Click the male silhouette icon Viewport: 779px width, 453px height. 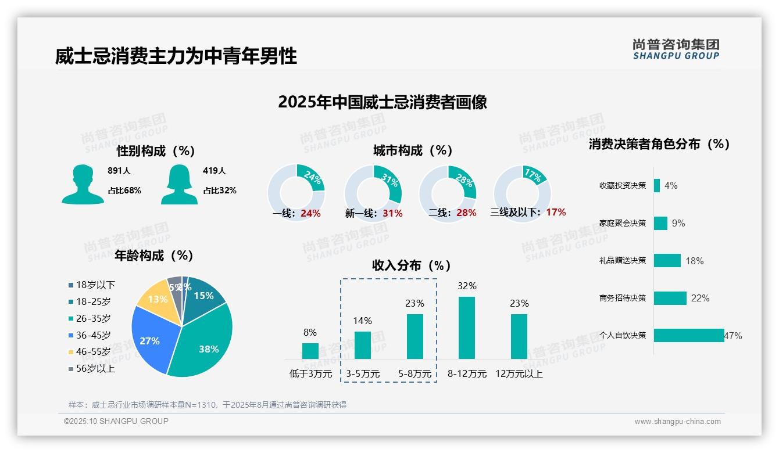[x=83, y=184]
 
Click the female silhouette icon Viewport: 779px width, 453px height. [x=179, y=184]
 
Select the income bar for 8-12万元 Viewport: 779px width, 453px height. [x=467, y=328]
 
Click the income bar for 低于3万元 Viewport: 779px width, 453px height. [x=310, y=351]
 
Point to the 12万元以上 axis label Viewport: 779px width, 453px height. [x=519, y=374]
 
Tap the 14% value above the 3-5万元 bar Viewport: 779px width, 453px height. [x=363, y=321]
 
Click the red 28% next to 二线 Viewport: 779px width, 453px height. [x=466, y=213]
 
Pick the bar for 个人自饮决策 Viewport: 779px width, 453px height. [x=689, y=336]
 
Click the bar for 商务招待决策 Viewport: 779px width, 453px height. [x=670, y=298]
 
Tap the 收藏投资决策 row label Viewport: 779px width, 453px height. [x=623, y=186]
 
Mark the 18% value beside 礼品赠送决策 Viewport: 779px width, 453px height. [x=695, y=261]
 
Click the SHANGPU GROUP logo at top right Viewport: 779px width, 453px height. [x=676, y=49]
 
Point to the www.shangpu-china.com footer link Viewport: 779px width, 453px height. [x=677, y=422]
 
